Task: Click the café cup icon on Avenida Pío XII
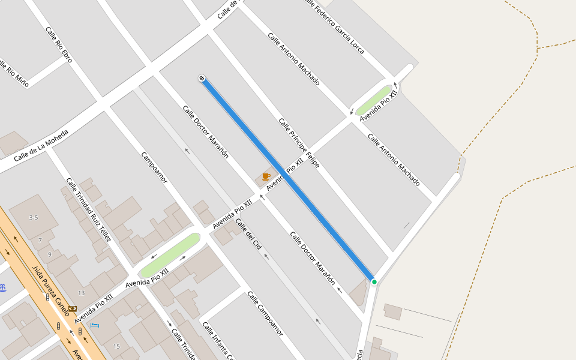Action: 266,176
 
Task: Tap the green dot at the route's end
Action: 374,281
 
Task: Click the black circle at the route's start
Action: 202,78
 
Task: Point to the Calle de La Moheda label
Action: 41,146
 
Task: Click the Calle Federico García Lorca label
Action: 335,27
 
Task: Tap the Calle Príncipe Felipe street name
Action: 299,143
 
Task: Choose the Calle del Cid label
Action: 248,235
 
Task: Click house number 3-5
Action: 34,218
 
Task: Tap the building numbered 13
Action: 81,293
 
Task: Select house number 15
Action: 116,346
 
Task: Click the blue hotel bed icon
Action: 95,325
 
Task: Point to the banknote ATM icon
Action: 73,308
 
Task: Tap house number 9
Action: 49,254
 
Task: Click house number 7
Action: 40,240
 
